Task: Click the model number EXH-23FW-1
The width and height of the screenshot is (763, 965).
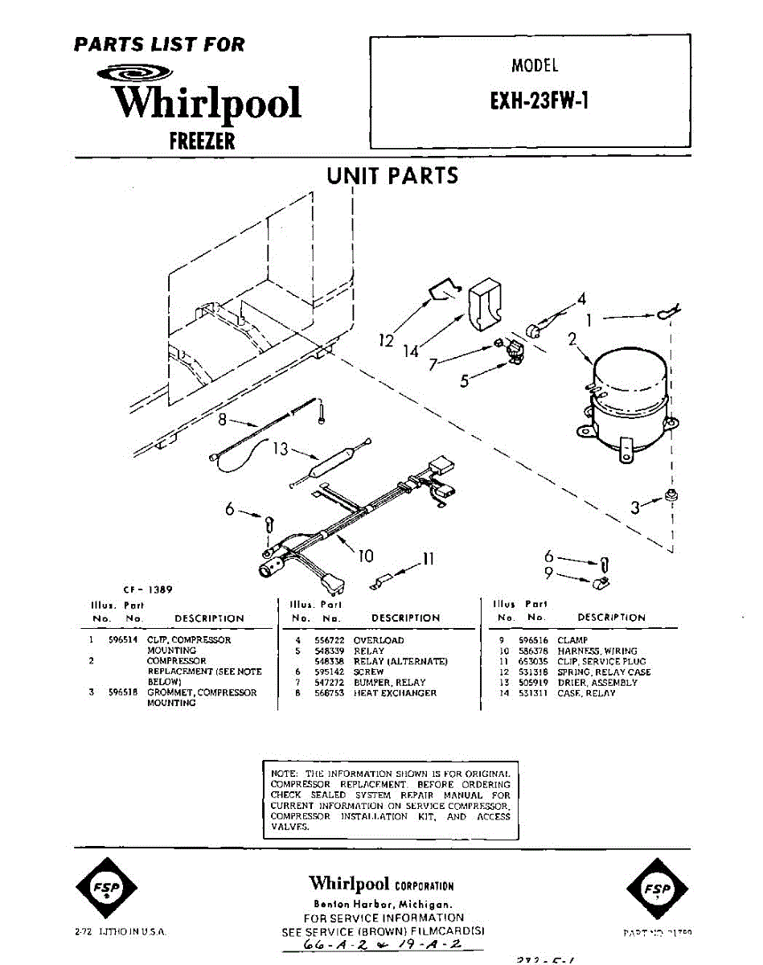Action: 529,103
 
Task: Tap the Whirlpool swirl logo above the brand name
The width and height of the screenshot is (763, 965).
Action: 133,73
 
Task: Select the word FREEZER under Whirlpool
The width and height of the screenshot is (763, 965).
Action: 202,142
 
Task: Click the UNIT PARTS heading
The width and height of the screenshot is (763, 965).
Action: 392,175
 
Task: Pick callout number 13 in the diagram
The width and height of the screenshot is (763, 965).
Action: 280,449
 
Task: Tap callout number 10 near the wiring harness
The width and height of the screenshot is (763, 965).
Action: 366,555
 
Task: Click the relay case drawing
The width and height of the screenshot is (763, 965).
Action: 485,305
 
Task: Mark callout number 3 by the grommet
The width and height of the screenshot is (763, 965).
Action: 636,507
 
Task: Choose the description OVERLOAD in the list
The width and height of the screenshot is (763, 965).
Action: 379,640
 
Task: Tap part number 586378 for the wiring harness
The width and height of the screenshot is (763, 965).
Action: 534,651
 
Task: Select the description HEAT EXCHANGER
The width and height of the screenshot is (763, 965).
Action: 395,692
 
